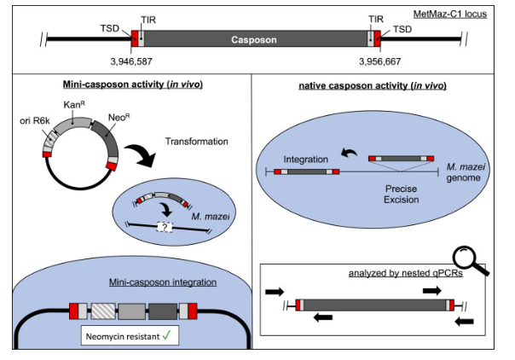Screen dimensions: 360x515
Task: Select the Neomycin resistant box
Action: coord(130,336)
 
